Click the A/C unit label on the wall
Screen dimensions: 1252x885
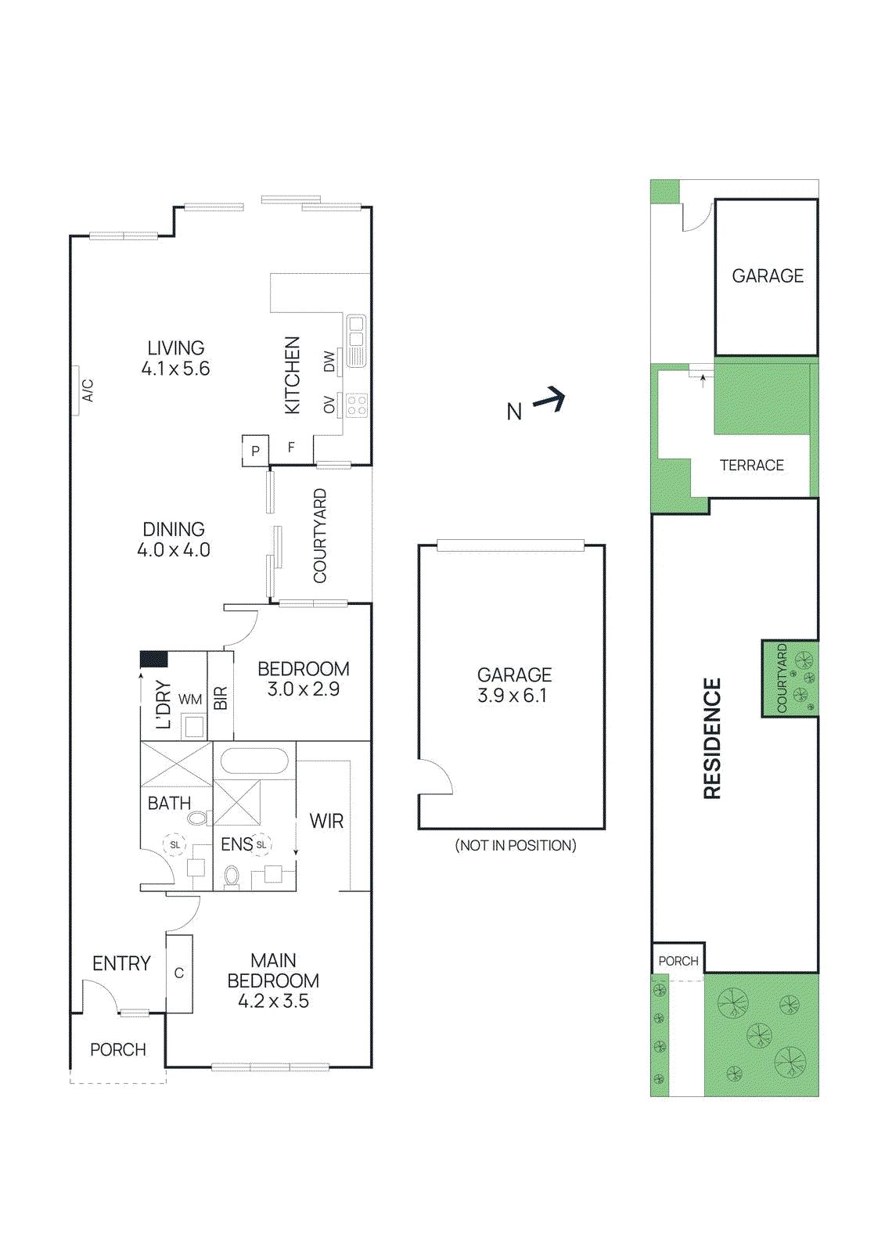point(88,390)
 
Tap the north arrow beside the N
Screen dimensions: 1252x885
point(551,400)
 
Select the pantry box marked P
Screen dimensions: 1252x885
point(255,451)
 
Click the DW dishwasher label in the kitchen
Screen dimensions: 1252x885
point(329,362)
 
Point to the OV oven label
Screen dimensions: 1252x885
point(329,405)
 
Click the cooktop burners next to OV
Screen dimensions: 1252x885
point(357,405)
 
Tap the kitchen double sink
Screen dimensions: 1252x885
point(356,331)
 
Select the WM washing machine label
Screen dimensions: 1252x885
point(190,700)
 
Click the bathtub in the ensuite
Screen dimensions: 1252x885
point(254,761)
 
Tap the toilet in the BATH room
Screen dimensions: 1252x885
point(199,818)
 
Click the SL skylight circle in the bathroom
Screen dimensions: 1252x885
point(175,845)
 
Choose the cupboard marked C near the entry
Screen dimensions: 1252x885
point(179,973)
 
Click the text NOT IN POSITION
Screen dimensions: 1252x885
point(515,845)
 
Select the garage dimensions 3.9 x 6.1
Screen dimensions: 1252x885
point(513,696)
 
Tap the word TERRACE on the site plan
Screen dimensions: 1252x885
point(751,466)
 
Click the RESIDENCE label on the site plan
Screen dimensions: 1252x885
point(712,738)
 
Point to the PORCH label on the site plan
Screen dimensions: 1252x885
point(678,961)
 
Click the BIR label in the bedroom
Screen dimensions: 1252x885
point(221,697)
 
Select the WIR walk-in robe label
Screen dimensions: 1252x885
point(326,821)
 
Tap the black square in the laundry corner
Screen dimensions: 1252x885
point(154,659)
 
